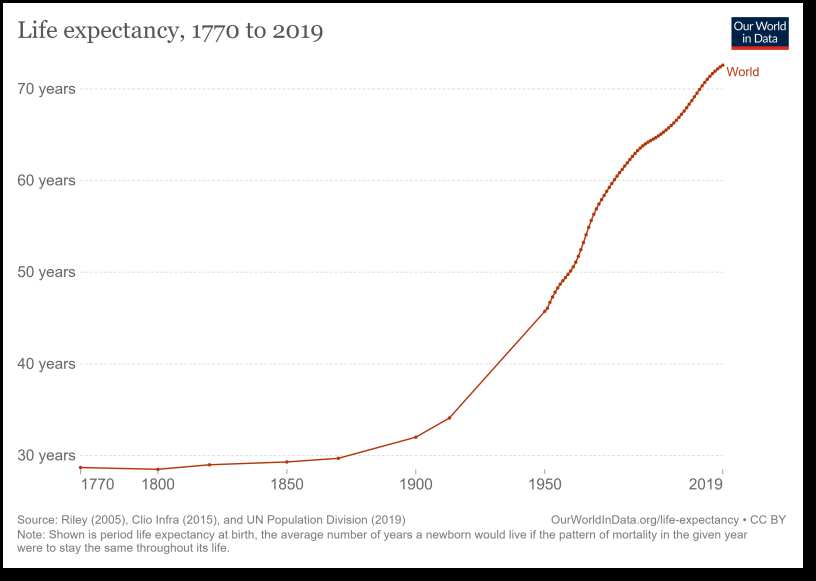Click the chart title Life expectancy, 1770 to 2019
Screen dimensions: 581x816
click(x=170, y=31)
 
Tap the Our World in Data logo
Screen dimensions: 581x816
click(x=759, y=33)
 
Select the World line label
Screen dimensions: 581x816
click(x=742, y=72)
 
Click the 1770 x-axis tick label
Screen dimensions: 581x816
click(x=97, y=485)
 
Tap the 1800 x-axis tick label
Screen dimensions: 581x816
click(x=158, y=485)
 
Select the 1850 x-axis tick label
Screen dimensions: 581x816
click(x=287, y=485)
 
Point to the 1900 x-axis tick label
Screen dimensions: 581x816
click(x=416, y=485)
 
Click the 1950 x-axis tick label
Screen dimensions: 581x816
click(x=545, y=485)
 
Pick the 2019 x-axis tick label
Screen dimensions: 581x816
click(x=706, y=485)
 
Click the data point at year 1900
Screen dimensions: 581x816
click(x=416, y=437)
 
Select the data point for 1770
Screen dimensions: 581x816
click(x=80, y=467)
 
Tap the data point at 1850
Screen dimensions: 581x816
click(x=287, y=462)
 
